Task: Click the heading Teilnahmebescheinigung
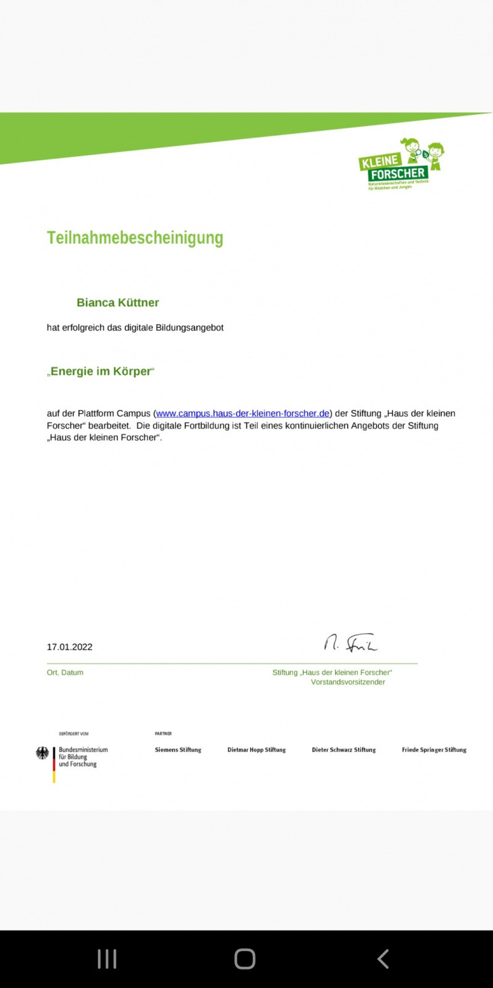point(135,238)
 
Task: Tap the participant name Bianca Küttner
point(118,303)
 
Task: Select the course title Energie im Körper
point(101,371)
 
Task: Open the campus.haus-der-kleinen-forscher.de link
point(242,413)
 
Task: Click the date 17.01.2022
point(70,647)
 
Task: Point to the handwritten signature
point(350,643)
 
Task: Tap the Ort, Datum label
point(65,672)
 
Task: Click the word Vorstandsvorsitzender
point(348,682)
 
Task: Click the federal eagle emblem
point(42,753)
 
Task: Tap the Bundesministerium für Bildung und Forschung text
point(83,757)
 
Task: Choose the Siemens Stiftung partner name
point(178,750)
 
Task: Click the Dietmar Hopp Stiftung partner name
point(257,750)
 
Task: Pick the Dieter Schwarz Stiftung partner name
point(344,750)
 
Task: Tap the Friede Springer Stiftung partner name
point(434,750)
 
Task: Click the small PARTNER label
point(164,734)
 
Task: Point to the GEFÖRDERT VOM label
point(73,734)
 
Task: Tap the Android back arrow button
point(383,959)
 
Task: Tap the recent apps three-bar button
point(107,959)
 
